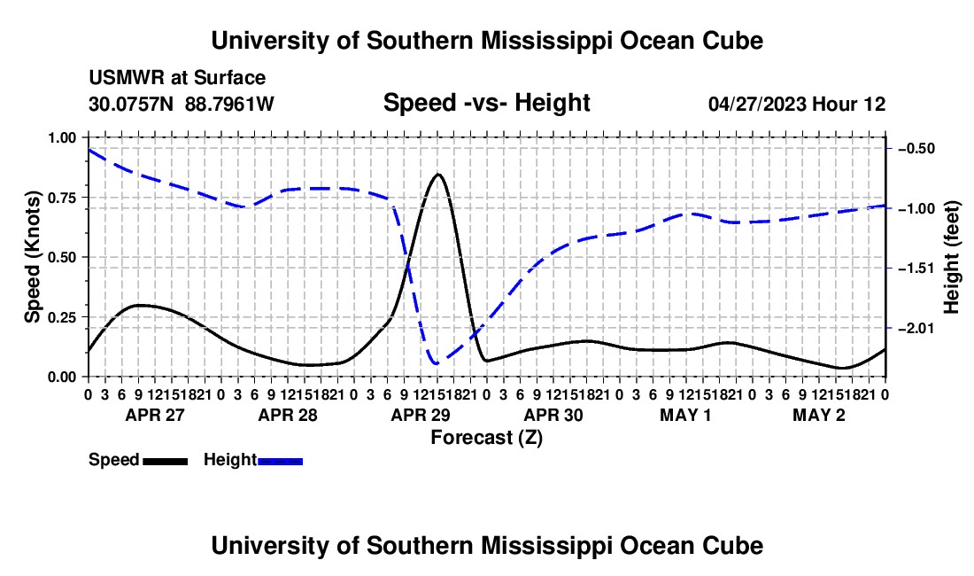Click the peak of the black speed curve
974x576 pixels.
click(438, 175)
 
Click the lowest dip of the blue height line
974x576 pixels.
click(436, 362)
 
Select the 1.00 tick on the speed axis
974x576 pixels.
click(61, 137)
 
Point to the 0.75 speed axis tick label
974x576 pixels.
click(61, 198)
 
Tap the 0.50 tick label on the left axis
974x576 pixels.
click(61, 257)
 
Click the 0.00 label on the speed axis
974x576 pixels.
click(61, 378)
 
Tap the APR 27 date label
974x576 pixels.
click(155, 415)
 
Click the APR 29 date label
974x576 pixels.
click(421, 415)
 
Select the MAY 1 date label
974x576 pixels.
click(685, 415)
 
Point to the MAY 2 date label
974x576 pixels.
click(819, 415)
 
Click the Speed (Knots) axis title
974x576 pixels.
click(32, 257)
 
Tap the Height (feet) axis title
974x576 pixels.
click(951, 257)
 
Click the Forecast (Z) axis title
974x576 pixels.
click(487, 438)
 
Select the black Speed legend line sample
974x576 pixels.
click(166, 462)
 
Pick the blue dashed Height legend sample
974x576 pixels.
click(280, 462)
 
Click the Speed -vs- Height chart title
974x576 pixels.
click(486, 103)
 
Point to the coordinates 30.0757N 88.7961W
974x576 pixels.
click(182, 104)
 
